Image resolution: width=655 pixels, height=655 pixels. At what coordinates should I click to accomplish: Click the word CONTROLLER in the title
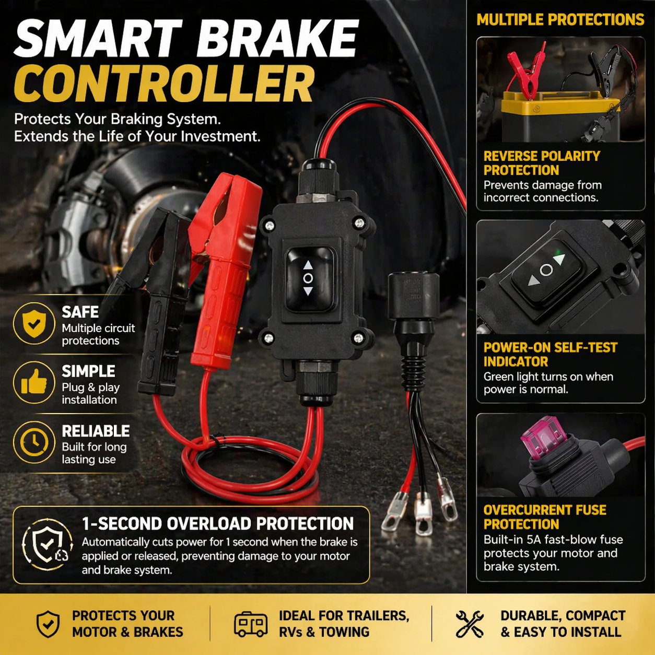click(163, 84)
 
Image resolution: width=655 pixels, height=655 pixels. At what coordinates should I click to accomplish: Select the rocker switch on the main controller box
click(309, 279)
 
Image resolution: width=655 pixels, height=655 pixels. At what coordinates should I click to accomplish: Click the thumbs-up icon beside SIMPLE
click(34, 383)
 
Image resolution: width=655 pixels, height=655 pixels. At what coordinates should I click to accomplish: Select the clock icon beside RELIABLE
click(34, 442)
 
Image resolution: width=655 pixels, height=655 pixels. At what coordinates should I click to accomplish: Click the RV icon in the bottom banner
click(251, 624)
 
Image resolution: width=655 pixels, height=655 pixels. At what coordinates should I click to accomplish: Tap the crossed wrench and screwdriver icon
click(470, 624)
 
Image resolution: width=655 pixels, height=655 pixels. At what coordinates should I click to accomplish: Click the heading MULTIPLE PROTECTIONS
click(560, 19)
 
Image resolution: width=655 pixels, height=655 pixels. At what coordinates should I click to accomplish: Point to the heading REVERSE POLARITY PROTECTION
click(542, 163)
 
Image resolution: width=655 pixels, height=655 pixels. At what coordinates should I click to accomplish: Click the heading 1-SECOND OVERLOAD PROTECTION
click(218, 523)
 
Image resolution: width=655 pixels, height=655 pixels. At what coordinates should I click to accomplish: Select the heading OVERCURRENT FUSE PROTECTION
click(545, 517)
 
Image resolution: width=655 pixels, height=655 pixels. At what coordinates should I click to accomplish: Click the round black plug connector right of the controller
click(414, 296)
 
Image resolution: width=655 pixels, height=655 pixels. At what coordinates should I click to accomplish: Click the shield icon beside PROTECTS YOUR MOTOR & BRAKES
click(48, 624)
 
